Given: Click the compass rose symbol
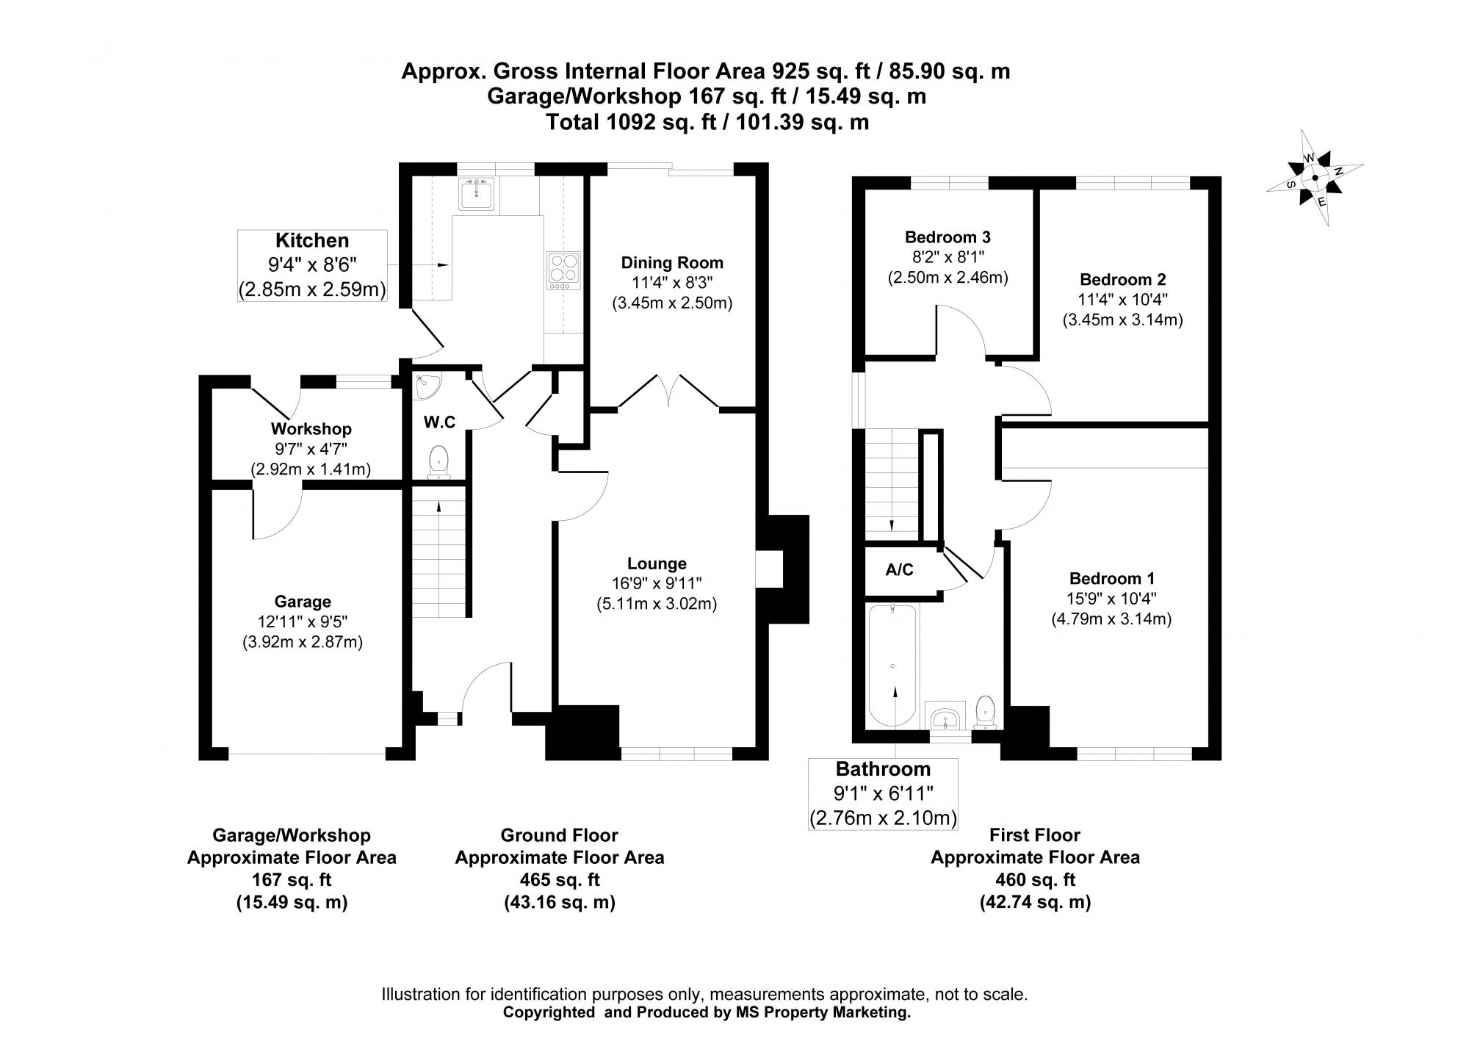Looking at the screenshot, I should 1315,177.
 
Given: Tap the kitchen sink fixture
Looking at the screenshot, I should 478,193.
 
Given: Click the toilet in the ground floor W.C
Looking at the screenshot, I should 438,461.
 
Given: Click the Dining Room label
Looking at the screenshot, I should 672,262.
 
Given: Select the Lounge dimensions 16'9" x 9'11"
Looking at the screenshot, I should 657,583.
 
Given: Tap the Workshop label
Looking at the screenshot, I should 311,428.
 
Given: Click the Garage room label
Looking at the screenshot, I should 303,602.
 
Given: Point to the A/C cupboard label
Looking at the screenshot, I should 899,569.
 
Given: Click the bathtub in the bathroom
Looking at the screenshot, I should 892,665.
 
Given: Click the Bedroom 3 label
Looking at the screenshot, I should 948,237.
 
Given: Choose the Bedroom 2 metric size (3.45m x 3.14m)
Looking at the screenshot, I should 1122,320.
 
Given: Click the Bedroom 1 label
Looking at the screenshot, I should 1111,577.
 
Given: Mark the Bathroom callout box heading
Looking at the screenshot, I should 883,769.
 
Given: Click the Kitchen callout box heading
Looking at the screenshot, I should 311,240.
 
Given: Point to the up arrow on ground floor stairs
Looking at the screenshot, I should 438,505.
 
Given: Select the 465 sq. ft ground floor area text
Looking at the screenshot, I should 559,879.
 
